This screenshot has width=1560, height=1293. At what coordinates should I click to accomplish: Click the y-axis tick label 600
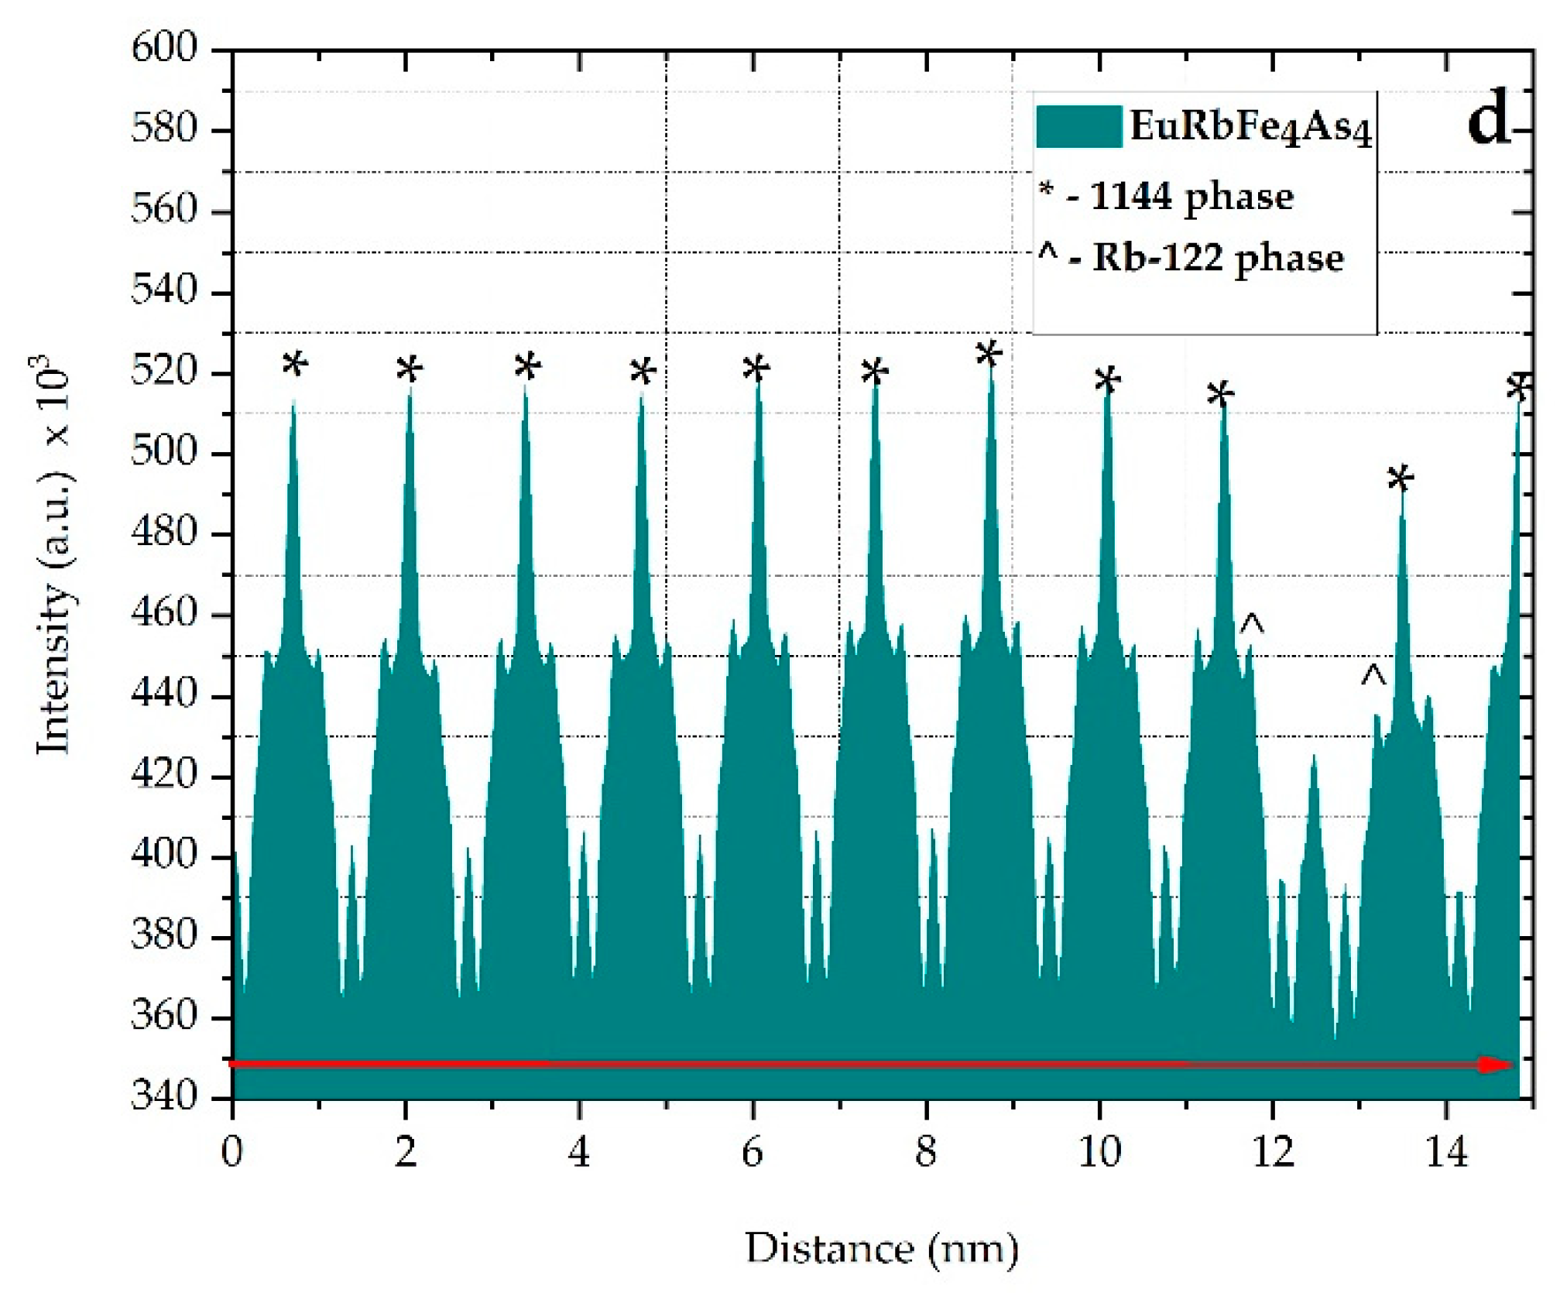tap(164, 50)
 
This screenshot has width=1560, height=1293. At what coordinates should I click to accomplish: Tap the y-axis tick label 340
tap(164, 1097)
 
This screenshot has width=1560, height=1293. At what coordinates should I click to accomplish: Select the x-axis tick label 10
tap(1099, 1152)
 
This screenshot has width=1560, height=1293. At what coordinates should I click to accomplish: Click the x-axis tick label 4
tap(578, 1152)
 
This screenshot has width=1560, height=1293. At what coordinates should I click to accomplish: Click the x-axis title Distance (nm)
tap(882, 1249)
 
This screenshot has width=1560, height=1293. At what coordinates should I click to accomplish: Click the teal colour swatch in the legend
tap(1078, 126)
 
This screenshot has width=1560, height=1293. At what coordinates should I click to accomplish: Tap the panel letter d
tap(1488, 124)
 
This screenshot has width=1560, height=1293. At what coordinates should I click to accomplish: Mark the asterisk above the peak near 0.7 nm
tap(295, 364)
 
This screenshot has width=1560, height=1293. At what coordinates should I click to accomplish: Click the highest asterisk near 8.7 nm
tap(989, 355)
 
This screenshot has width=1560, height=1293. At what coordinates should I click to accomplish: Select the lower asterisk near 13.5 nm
tap(1400, 479)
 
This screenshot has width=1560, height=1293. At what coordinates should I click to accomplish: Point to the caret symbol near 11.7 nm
tap(1252, 623)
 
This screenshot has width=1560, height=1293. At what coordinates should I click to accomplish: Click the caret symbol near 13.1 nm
tap(1373, 676)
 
